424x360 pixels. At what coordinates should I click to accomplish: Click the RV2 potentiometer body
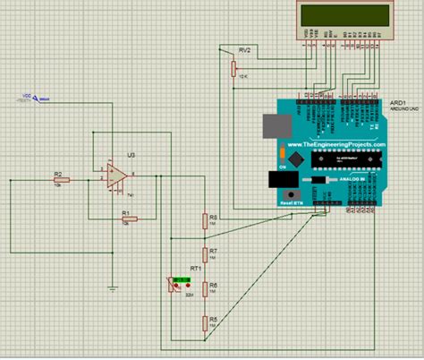click(x=233, y=65)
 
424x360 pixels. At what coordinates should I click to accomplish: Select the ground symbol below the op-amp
click(x=112, y=287)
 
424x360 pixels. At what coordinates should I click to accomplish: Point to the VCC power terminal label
click(x=27, y=97)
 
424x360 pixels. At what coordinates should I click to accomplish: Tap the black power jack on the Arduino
click(x=287, y=196)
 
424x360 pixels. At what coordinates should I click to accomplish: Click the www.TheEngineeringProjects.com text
click(x=336, y=143)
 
